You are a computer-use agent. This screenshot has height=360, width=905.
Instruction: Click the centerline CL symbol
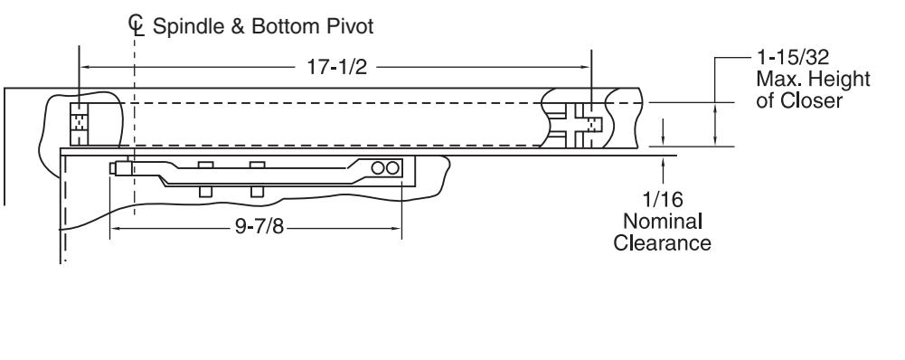pos(136,25)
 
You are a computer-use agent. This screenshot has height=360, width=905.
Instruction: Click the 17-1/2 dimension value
pos(336,67)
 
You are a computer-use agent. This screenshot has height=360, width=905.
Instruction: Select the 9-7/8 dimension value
pos(259,226)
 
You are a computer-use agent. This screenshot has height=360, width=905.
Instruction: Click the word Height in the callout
pos(840,79)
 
